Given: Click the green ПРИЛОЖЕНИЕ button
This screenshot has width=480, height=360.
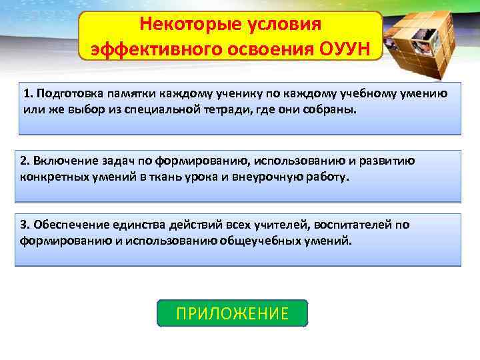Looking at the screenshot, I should point(232,313).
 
